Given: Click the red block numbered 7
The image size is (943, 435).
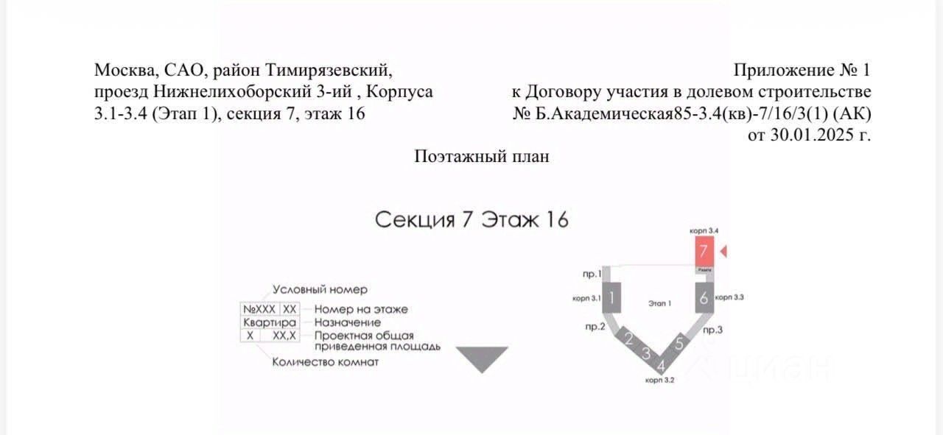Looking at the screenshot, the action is pyautogui.click(x=704, y=250).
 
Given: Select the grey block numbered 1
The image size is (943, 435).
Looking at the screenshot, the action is pyautogui.click(x=612, y=298).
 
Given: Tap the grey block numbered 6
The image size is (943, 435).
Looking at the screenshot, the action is pyautogui.click(x=704, y=298).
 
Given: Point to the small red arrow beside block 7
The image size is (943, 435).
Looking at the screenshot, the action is pyautogui.click(x=723, y=252).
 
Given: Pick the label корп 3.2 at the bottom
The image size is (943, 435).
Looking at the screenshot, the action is pyautogui.click(x=659, y=381).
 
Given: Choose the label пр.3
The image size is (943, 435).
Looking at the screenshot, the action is pyautogui.click(x=713, y=330).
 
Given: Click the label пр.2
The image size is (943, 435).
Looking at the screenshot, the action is pyautogui.click(x=595, y=327).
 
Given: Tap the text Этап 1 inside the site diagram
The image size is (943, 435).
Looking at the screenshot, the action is pyautogui.click(x=659, y=303).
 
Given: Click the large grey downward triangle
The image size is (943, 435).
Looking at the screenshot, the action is pyautogui.click(x=482, y=358).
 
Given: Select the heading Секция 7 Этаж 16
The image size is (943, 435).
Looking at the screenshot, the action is pyautogui.click(x=471, y=219).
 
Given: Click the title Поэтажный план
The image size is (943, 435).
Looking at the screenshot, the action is pyautogui.click(x=482, y=156).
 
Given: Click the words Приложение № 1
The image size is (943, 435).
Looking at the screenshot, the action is pyautogui.click(x=802, y=71).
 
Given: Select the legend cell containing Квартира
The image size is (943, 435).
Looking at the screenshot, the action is pyautogui.click(x=270, y=322).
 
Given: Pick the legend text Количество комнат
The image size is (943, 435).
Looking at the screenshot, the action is pyautogui.click(x=326, y=361).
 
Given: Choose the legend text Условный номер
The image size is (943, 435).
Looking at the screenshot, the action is pyautogui.click(x=320, y=289).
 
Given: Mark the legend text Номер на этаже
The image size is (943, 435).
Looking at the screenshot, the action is pyautogui.click(x=361, y=309).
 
